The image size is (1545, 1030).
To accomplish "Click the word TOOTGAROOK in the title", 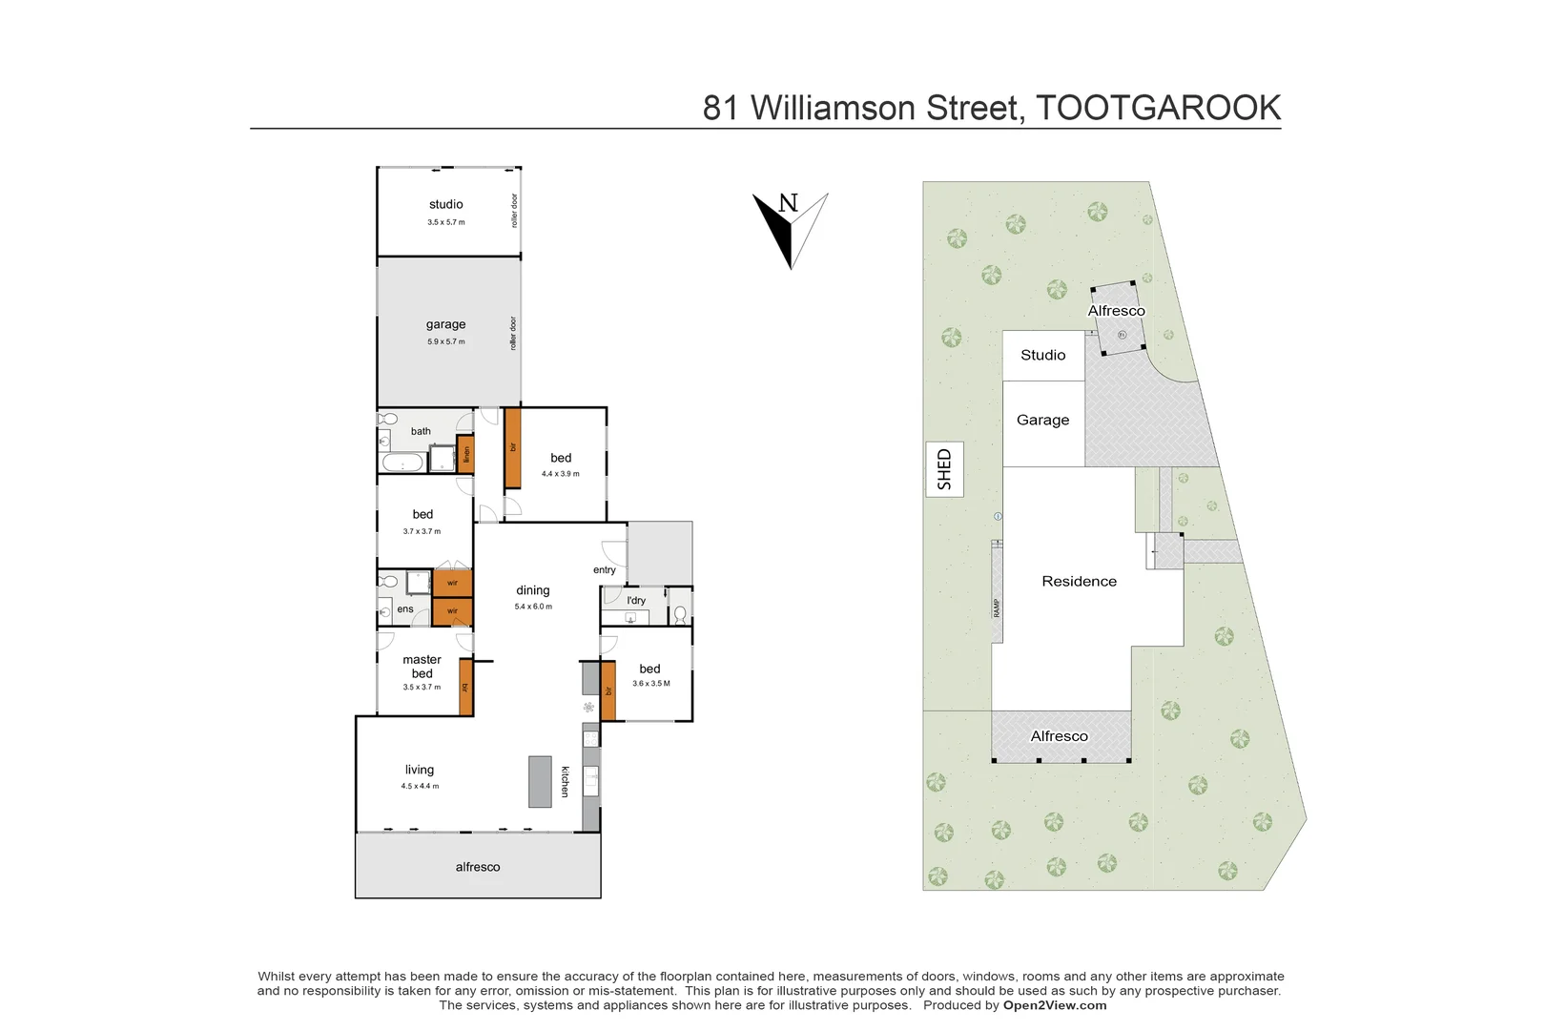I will pos(1158,109).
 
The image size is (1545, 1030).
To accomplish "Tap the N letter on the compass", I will pos(788,202).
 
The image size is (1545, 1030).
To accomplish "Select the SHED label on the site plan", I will pos(944,469).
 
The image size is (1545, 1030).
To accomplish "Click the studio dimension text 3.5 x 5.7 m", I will pos(446,222).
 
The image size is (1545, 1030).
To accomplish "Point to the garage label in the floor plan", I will pos(446,324).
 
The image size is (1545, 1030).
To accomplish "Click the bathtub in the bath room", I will pos(402,463).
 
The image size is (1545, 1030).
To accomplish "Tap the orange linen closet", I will pos(466,454).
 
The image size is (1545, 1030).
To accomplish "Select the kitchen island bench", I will pos(540,781).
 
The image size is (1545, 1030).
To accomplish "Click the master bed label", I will pos(422,666).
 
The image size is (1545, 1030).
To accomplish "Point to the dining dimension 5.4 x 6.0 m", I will pos(533,607).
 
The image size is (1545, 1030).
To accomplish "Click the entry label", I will pos(605,570).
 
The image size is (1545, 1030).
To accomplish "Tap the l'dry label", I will pos(636,601).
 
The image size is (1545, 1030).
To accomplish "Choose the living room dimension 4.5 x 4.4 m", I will pos(420,786).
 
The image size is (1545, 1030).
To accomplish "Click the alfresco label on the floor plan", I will pos(478,867).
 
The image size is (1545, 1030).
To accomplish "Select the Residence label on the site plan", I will pos(1079,581).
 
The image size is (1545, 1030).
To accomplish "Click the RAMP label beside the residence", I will pos(997,608).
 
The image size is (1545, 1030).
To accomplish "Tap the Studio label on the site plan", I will pos(1042,355).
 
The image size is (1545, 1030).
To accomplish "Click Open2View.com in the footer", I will pos(1055,1005).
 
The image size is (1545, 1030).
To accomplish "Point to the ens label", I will pos(405,609).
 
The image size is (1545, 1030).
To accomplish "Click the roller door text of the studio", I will pos(514,210).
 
